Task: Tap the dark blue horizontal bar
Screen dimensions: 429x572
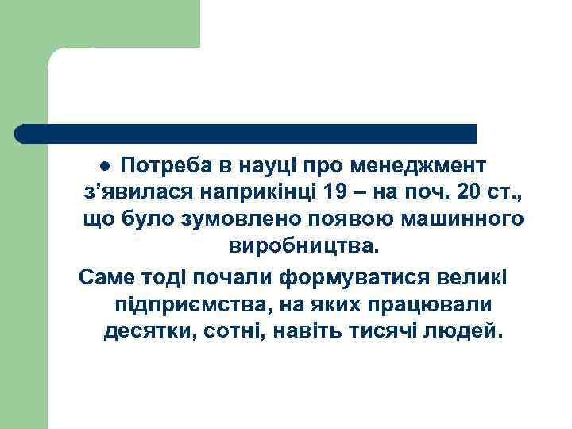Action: [245, 133]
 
